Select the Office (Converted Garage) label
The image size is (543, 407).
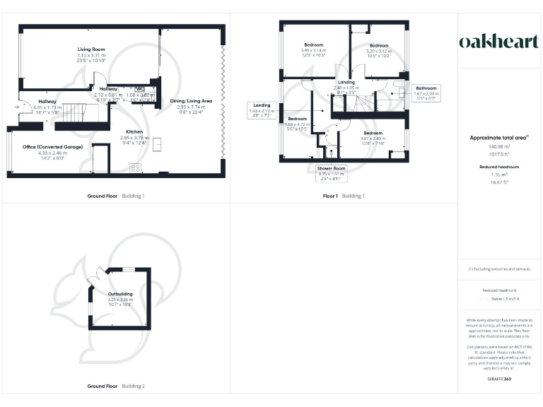[x=52, y=147]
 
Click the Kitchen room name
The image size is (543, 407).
[x=135, y=132]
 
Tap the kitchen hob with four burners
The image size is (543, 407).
[x=135, y=167]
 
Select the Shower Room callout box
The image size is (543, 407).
[x=331, y=173]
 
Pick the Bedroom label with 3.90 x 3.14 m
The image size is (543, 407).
[x=314, y=46]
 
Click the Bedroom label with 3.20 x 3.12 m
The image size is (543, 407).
[x=379, y=46]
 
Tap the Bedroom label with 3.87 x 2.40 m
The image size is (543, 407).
[x=373, y=133]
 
